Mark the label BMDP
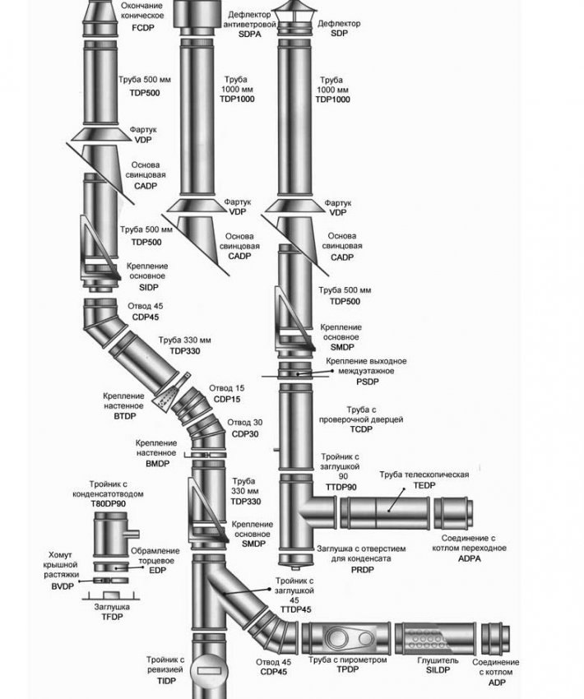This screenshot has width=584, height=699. pos(156,464)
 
